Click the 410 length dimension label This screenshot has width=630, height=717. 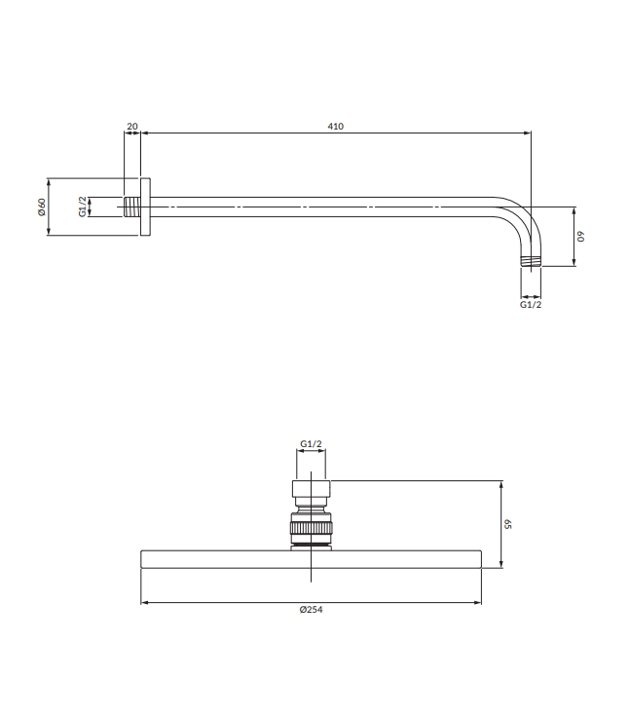pyautogui.click(x=336, y=127)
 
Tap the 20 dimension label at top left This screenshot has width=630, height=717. pyautogui.click(x=132, y=127)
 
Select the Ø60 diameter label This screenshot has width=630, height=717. pyautogui.click(x=42, y=207)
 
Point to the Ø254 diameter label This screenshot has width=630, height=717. pyautogui.click(x=311, y=610)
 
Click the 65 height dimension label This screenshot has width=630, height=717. pyautogui.click(x=507, y=524)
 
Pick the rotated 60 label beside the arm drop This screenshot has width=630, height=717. pyautogui.click(x=580, y=237)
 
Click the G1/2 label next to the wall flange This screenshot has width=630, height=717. pyautogui.click(x=83, y=207)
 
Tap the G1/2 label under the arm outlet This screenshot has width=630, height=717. pyautogui.click(x=531, y=305)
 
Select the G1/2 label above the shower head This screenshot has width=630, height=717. pyautogui.click(x=311, y=443)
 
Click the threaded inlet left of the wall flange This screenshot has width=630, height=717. pyautogui.click(x=132, y=207)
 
